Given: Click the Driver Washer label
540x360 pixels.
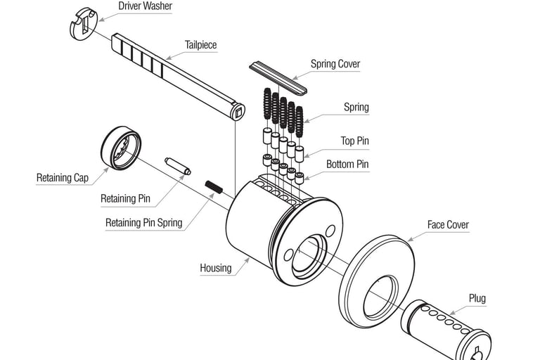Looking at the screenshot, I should (145, 6).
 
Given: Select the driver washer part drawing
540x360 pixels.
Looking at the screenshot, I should (82, 22).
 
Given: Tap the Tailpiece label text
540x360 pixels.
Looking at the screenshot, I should (200, 45).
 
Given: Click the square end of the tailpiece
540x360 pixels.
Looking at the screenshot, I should (238, 110).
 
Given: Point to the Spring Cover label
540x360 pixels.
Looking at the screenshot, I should (335, 64).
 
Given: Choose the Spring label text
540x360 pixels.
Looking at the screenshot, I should (356, 108).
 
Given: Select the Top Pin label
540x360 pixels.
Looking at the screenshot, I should (354, 141).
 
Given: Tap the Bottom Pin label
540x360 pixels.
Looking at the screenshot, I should (347, 165).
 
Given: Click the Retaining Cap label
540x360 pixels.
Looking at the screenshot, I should (63, 178).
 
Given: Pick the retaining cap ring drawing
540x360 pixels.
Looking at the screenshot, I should (120, 148).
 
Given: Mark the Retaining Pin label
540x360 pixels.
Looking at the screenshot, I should (125, 199).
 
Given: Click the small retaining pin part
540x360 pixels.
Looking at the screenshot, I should (177, 165).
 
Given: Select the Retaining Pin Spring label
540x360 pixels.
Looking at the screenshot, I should (143, 223).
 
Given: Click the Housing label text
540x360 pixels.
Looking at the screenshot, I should (215, 268).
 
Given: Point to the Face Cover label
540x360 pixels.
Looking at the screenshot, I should (448, 225).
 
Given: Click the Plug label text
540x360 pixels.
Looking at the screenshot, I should (477, 299).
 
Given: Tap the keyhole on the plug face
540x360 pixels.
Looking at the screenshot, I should (479, 353).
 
